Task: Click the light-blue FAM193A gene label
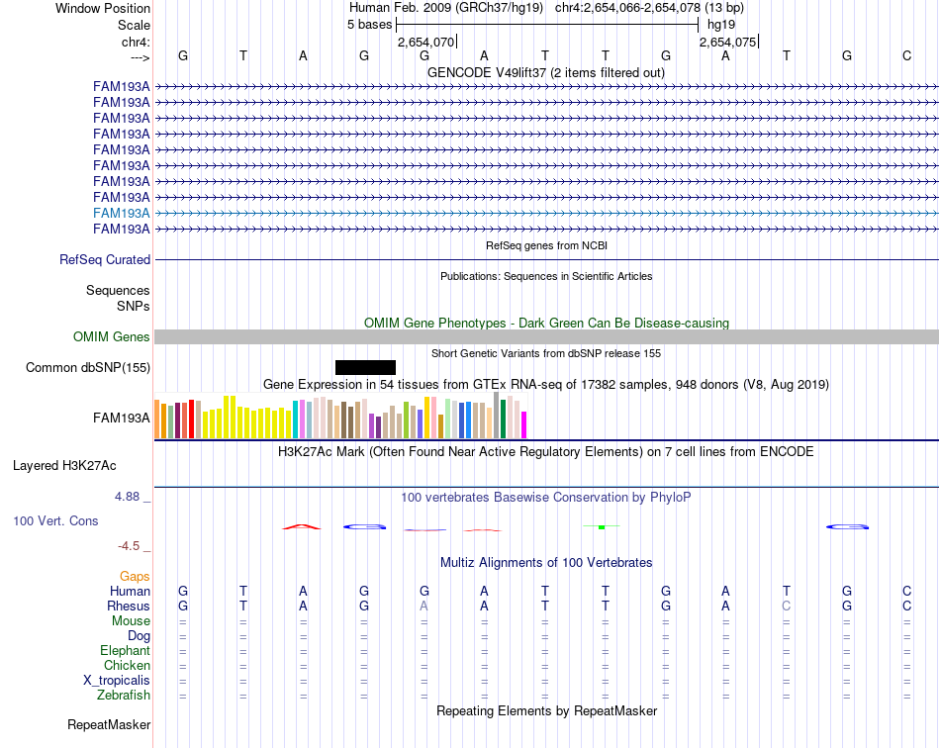coord(121,213)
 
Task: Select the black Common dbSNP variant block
coord(365,367)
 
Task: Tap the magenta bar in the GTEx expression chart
coord(523,424)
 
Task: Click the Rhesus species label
coord(129,606)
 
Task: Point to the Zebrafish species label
coord(124,696)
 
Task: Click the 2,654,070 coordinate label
coord(425,42)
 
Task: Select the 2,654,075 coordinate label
coord(728,42)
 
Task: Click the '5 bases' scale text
coord(369,25)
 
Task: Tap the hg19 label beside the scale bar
coord(721,25)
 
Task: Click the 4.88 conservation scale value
coord(127,497)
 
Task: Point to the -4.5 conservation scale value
coord(129,545)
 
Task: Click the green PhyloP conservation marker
coord(602,526)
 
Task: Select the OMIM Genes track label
coord(112,336)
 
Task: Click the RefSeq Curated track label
coord(105,259)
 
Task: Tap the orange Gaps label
coord(135,576)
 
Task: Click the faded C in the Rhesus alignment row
coord(786,606)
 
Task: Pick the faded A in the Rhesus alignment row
coord(423,606)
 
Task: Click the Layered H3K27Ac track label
coord(64,466)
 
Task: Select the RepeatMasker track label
coord(109,724)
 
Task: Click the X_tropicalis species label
coord(117,681)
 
